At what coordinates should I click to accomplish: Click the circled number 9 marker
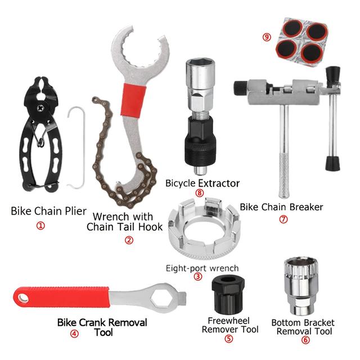point(267,37)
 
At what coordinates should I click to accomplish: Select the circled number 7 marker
point(283,219)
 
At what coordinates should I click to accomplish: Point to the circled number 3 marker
point(197,276)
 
